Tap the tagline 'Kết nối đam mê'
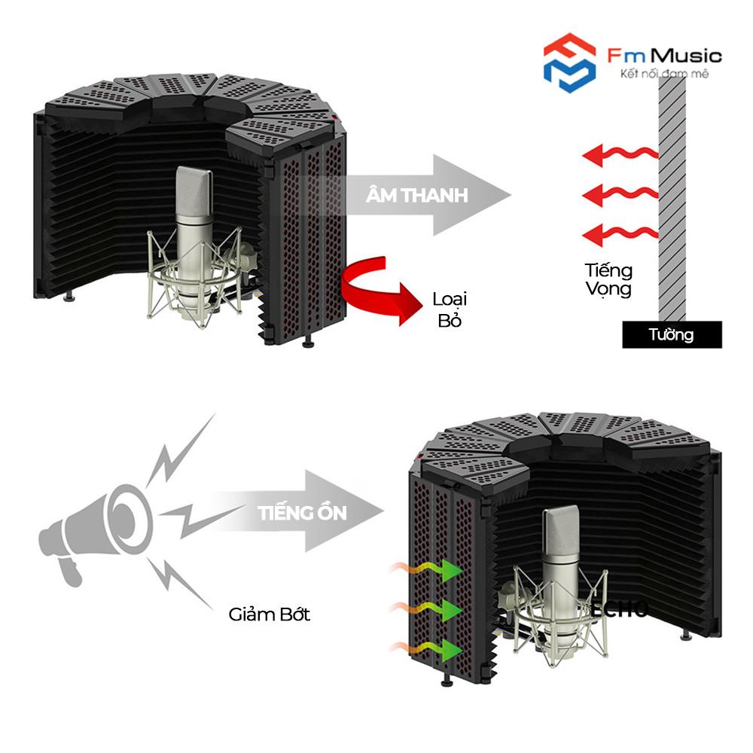click(663, 74)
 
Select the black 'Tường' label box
click(672, 334)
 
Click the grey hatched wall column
click(672, 196)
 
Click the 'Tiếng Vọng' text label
click(608, 279)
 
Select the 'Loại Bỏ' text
click(450, 309)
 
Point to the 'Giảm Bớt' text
click(270, 614)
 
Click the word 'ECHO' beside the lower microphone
click(618, 609)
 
